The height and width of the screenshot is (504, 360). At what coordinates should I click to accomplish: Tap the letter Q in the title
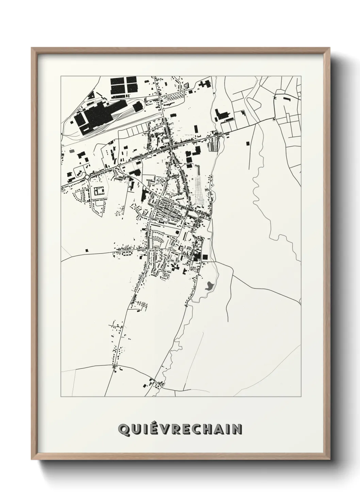123,430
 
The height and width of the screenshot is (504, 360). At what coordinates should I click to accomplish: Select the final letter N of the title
237,430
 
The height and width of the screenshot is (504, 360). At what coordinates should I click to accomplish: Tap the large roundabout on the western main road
87,177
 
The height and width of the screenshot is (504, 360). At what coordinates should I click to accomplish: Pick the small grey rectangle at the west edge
71,150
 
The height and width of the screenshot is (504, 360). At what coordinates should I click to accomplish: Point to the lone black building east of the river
247,143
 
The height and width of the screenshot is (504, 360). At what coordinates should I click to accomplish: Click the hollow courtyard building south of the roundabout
99,191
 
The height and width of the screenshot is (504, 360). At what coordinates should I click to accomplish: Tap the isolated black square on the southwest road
87,250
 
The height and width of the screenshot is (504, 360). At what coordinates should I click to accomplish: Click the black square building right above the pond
205,257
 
